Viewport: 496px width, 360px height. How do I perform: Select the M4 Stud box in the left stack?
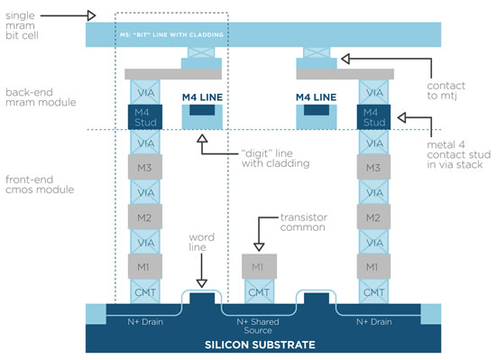coord(146,116)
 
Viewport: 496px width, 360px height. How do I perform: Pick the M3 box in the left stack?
coord(146,168)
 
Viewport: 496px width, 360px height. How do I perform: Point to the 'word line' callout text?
coord(200,243)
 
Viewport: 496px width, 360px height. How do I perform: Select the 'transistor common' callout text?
coord(306,223)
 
